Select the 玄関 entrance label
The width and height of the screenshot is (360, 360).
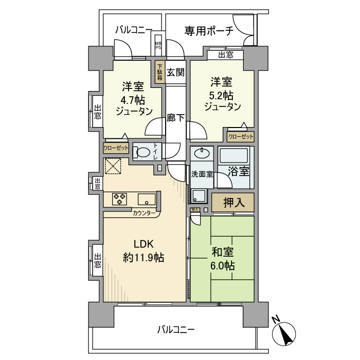175,73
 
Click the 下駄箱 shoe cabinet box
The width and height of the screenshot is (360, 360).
160,72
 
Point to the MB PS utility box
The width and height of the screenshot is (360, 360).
158,46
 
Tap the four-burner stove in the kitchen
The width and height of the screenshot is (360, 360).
120,199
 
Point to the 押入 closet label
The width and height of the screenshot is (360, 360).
232,202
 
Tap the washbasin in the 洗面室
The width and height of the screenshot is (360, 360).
202,154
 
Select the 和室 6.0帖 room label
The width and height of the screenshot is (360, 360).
223,259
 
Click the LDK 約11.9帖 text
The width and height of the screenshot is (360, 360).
143,251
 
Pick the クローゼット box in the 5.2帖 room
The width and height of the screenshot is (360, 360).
240,137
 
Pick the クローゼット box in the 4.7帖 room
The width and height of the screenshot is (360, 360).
116,148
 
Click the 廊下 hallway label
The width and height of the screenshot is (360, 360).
176,118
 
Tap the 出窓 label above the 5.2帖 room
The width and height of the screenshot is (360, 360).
225,55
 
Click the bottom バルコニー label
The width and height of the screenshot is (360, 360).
176,329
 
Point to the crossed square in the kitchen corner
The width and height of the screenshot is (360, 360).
113,167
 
